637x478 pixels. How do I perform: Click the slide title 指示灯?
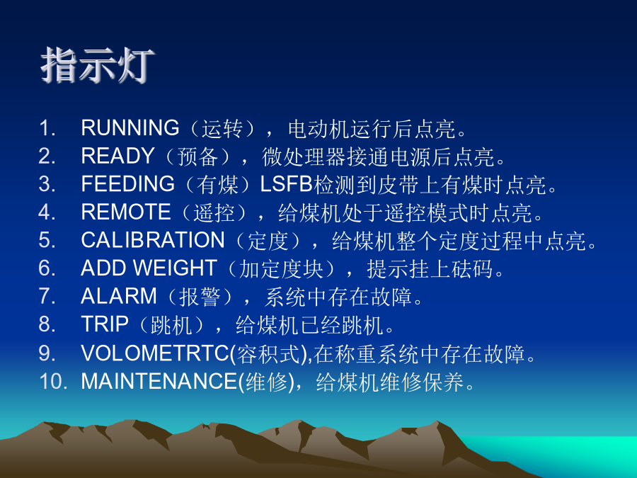[98, 65]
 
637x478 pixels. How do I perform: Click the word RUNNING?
[130, 128]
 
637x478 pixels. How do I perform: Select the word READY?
[117, 156]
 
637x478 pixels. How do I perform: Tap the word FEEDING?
[128, 184]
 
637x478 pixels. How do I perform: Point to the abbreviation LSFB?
[286, 184]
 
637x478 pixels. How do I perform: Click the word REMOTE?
[126, 212]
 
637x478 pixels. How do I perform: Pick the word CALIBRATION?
[153, 240]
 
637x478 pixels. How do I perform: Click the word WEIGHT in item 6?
[175, 268]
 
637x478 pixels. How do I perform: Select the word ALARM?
[119, 296]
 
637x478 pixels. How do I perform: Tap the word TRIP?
[105, 324]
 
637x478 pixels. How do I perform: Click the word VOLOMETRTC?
[155, 353]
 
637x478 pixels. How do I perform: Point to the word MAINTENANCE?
[159, 381]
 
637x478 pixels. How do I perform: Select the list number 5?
[46, 240]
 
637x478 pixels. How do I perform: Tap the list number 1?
[46, 128]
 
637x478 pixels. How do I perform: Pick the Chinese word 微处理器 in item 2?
[304, 157]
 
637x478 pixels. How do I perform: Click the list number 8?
[46, 324]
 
